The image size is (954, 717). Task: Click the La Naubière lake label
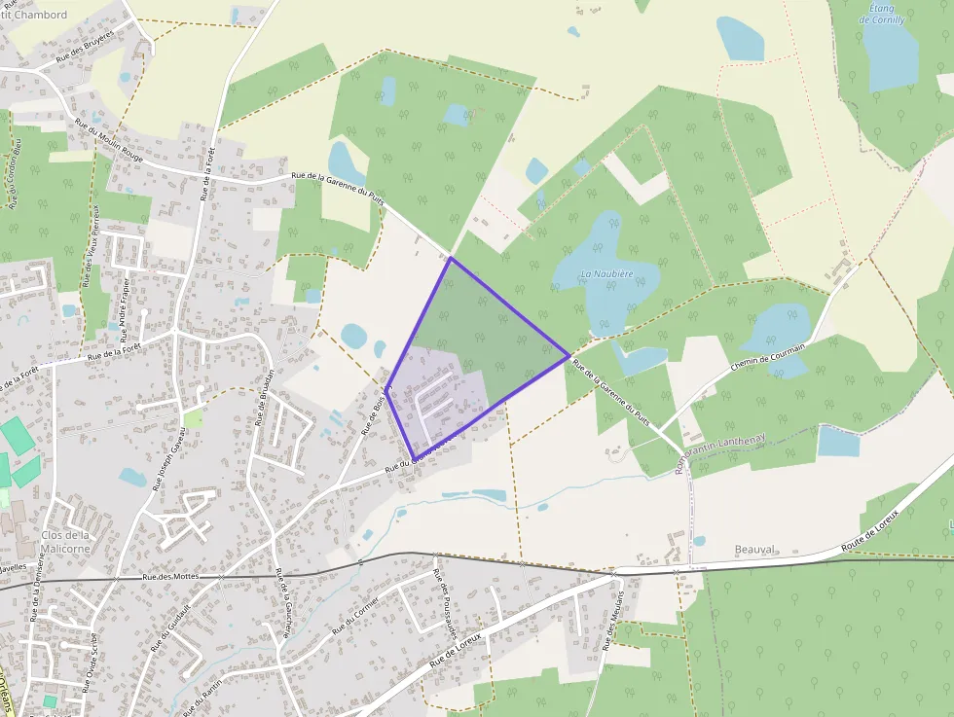click(x=606, y=274)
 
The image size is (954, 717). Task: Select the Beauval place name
click(x=754, y=550)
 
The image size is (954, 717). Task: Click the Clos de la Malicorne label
click(x=66, y=541)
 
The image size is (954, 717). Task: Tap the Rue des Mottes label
click(x=170, y=576)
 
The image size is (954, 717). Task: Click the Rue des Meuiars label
click(x=613, y=620)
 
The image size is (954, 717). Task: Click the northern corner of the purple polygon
click(x=451, y=258)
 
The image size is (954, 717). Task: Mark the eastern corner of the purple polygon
click(x=569, y=356)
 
